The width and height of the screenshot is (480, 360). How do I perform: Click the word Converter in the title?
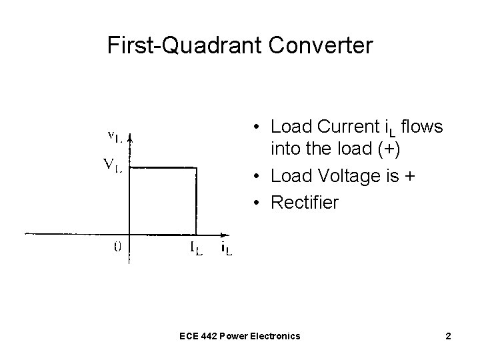coord(319,45)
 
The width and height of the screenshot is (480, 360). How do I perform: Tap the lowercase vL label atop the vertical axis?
coord(115,137)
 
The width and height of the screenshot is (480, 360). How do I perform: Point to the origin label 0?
coord(117,246)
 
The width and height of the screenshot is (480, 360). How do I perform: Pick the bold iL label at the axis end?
coord(227,250)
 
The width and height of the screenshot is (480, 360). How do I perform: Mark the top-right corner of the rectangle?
coord(197,167)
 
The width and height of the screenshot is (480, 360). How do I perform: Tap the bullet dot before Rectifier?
coord(257,202)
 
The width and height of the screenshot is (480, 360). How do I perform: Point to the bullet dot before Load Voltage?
coord(257,177)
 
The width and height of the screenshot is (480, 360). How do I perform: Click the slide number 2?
coord(449,336)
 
